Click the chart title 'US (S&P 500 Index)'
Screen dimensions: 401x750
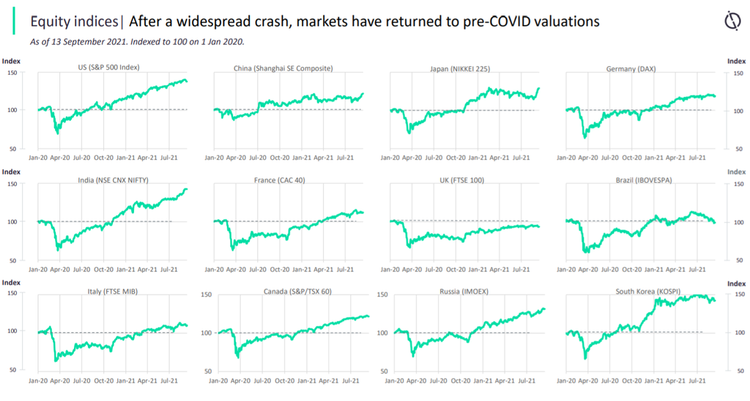108,67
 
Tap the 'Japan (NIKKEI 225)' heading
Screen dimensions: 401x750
461,68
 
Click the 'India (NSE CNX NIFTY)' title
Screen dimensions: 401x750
110,180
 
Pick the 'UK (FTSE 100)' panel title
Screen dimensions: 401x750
461,180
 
